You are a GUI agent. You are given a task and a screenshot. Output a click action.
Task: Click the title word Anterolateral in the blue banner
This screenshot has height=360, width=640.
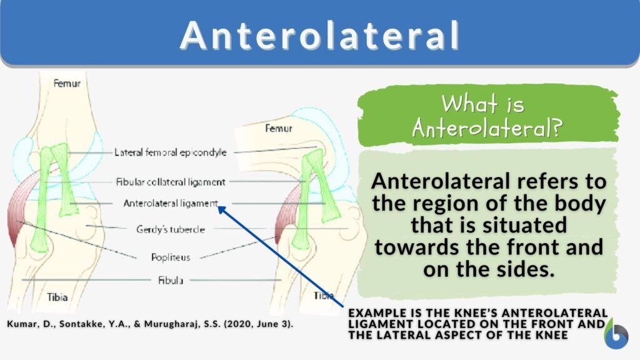319,35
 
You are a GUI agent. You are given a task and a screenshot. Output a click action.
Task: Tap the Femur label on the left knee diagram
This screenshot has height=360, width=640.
67,82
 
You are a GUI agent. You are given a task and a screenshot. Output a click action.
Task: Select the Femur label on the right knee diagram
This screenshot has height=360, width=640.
278,128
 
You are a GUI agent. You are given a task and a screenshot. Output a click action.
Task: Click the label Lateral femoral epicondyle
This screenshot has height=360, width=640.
170,152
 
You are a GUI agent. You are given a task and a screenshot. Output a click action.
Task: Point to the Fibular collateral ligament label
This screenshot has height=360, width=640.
170,182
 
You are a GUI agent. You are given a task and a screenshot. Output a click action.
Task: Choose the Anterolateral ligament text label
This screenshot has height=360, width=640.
170,203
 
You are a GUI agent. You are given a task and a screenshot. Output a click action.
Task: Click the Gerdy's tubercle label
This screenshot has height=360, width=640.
170,229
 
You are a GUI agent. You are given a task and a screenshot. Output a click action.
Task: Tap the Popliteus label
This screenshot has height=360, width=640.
170,257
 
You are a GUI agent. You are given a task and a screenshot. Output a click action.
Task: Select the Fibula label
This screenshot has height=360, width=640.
170,281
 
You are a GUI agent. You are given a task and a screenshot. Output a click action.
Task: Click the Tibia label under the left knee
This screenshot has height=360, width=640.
57,297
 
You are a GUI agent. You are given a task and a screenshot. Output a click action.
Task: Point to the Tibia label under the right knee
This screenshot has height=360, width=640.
323,294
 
